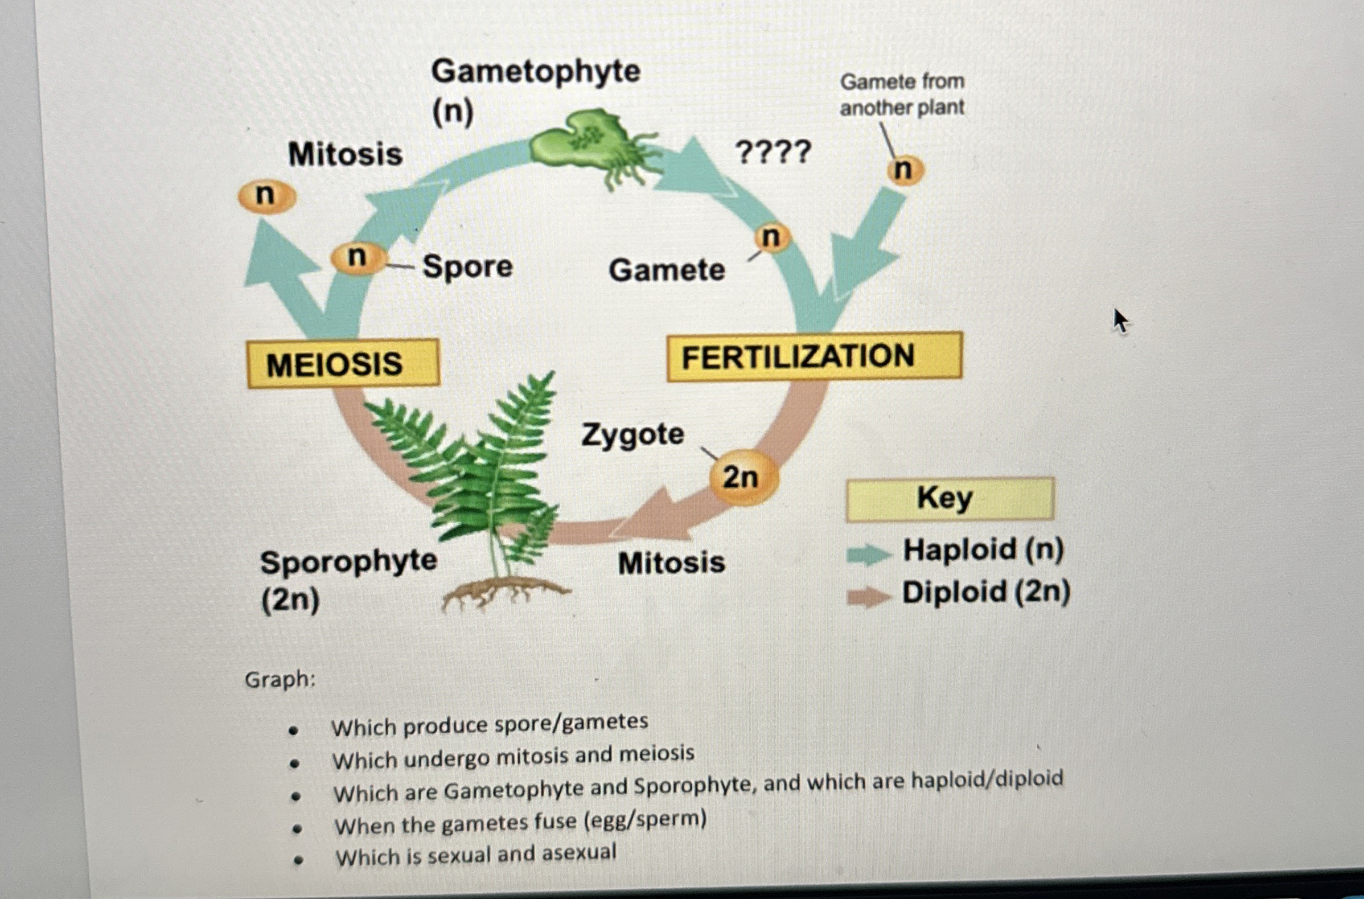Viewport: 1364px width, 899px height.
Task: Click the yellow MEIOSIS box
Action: coord(343,363)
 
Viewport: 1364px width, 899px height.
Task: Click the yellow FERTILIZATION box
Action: coord(815,356)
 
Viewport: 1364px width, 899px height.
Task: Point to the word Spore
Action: coord(467,267)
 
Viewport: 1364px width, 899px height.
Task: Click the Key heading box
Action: coord(949,499)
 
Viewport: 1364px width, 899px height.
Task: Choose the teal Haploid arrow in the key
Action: coord(868,554)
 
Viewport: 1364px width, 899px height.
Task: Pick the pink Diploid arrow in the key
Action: coord(868,597)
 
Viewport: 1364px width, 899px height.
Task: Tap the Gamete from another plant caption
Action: coord(902,95)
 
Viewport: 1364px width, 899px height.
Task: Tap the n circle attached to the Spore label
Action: coord(358,258)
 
